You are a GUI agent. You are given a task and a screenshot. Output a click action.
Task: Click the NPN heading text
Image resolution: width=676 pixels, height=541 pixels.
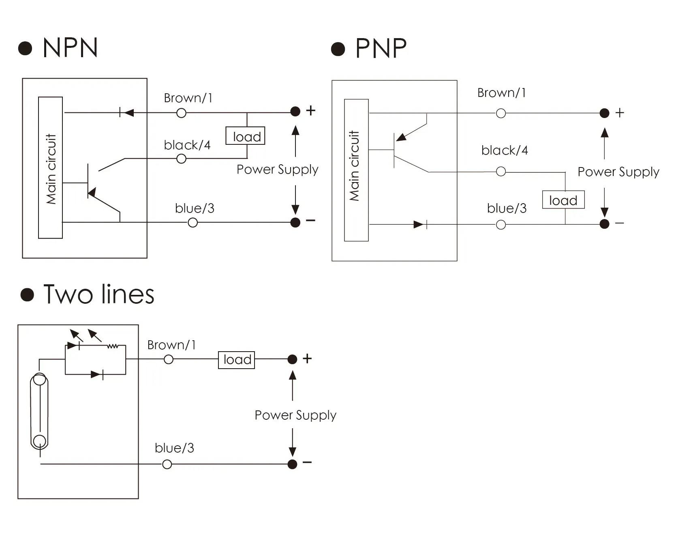[x=70, y=48]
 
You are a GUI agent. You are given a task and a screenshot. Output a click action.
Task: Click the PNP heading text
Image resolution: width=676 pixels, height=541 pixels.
[x=381, y=49]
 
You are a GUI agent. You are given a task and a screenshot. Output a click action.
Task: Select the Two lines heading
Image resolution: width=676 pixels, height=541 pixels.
[x=98, y=294]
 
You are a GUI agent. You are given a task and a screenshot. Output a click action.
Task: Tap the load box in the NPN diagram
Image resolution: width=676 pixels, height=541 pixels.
[x=246, y=136]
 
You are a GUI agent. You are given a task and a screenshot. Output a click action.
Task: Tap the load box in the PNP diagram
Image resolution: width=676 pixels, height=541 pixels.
[x=563, y=200]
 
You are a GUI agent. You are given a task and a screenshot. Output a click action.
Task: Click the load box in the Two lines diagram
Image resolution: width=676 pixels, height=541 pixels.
[x=237, y=360]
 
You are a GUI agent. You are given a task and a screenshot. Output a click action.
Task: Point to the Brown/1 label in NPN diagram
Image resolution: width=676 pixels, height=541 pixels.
[x=188, y=98]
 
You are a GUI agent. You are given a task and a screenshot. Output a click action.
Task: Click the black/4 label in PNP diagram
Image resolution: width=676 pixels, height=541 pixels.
[x=505, y=150]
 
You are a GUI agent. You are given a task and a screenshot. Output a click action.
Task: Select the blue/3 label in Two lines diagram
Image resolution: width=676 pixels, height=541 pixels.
[x=174, y=448]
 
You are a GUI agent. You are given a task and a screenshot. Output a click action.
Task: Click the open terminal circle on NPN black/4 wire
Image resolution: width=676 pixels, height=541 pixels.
[x=182, y=159]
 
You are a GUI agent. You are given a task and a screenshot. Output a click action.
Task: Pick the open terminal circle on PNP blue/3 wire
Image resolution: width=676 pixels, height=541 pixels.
[x=501, y=225]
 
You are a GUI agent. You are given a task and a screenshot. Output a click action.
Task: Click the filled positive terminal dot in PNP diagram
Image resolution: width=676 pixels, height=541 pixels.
[x=604, y=113]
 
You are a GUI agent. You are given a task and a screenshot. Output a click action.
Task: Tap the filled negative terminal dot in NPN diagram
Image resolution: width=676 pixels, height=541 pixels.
[x=295, y=222]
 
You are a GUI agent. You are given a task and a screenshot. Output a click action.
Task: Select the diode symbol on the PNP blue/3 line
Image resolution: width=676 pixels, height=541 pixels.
[x=420, y=224]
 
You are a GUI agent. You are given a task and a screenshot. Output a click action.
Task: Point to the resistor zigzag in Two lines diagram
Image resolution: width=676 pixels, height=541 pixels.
[x=113, y=346]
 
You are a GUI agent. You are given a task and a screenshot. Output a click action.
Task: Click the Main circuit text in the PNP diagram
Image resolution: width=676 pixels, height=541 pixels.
[x=354, y=166]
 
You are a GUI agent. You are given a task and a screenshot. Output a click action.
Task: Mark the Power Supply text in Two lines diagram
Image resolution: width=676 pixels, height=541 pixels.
[x=295, y=415]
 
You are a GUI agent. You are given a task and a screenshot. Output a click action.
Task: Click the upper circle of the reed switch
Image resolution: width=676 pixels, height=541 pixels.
[x=39, y=380]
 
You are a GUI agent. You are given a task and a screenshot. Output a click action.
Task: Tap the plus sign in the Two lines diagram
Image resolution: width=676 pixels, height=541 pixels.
[x=307, y=359]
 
